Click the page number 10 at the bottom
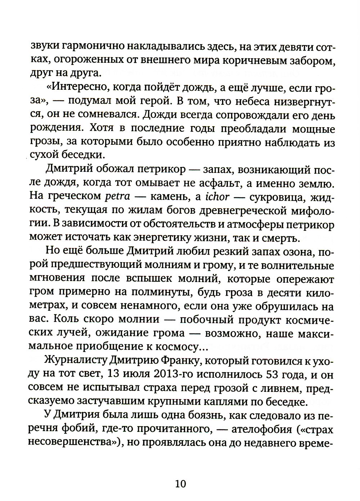(180, 483)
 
